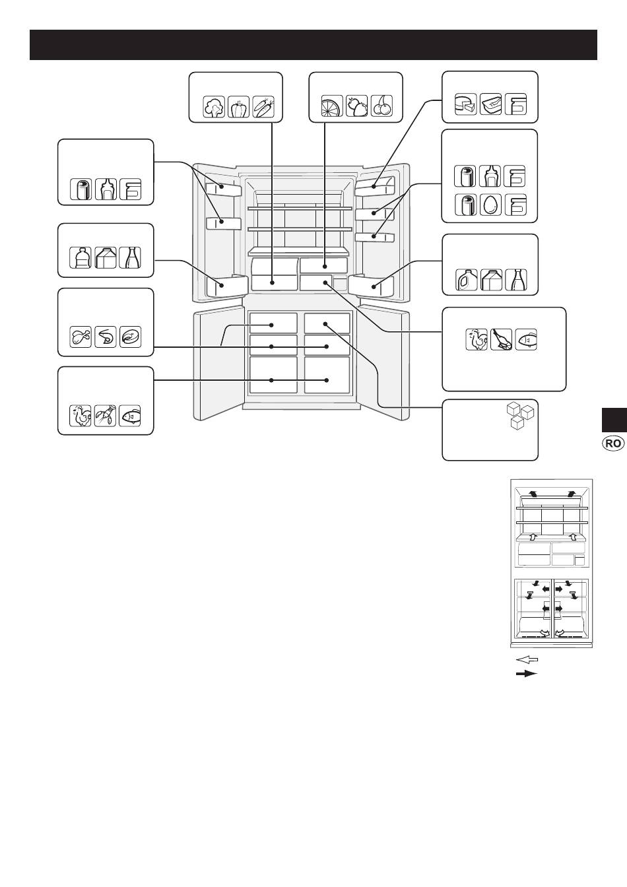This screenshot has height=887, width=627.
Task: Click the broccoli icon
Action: [214, 106]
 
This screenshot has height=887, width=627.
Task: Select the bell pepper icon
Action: [238, 106]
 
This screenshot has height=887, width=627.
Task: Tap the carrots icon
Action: [263, 106]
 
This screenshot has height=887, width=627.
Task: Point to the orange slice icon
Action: [332, 106]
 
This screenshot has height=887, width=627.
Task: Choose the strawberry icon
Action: [356, 106]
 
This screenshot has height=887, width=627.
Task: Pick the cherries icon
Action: [381, 106]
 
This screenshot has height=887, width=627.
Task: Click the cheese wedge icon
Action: [465, 104]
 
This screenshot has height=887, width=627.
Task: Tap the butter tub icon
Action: [490, 104]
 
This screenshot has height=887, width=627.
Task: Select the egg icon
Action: [490, 205]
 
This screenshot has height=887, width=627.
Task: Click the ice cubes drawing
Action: [521, 416]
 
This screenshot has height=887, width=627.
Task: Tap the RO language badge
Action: [612, 443]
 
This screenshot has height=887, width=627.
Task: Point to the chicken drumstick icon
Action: [81, 337]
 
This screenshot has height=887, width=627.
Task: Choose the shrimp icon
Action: [106, 337]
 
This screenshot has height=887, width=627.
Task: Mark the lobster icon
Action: [106, 416]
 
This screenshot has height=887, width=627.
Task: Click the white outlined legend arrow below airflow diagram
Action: [527, 659]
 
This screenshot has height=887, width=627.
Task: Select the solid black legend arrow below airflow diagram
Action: [527, 674]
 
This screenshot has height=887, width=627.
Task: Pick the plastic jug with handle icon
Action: [466, 280]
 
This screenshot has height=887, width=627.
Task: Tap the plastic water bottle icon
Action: [81, 258]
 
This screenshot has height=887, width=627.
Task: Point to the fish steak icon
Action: [130, 337]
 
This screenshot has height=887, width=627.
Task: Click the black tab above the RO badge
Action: [614, 420]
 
